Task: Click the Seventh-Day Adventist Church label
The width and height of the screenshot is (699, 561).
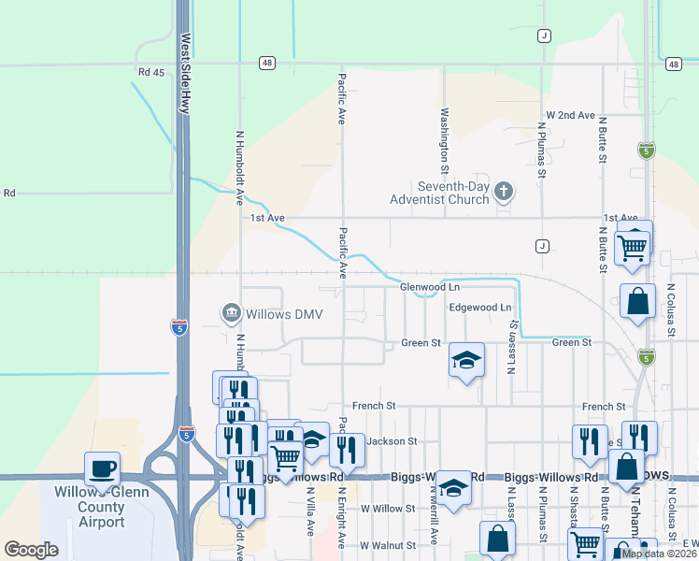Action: click(442, 193)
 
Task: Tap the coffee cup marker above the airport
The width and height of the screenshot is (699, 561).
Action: click(102, 467)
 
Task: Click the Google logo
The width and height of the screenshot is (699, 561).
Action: click(32, 549)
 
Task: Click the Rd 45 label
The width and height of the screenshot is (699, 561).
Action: click(150, 72)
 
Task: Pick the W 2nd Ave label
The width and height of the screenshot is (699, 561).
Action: click(571, 115)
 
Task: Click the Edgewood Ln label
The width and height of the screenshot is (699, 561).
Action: click(480, 307)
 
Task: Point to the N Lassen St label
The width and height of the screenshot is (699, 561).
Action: click(512, 346)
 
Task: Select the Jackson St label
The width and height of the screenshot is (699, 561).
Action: click(391, 440)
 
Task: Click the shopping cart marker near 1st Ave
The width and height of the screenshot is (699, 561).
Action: click(633, 246)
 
